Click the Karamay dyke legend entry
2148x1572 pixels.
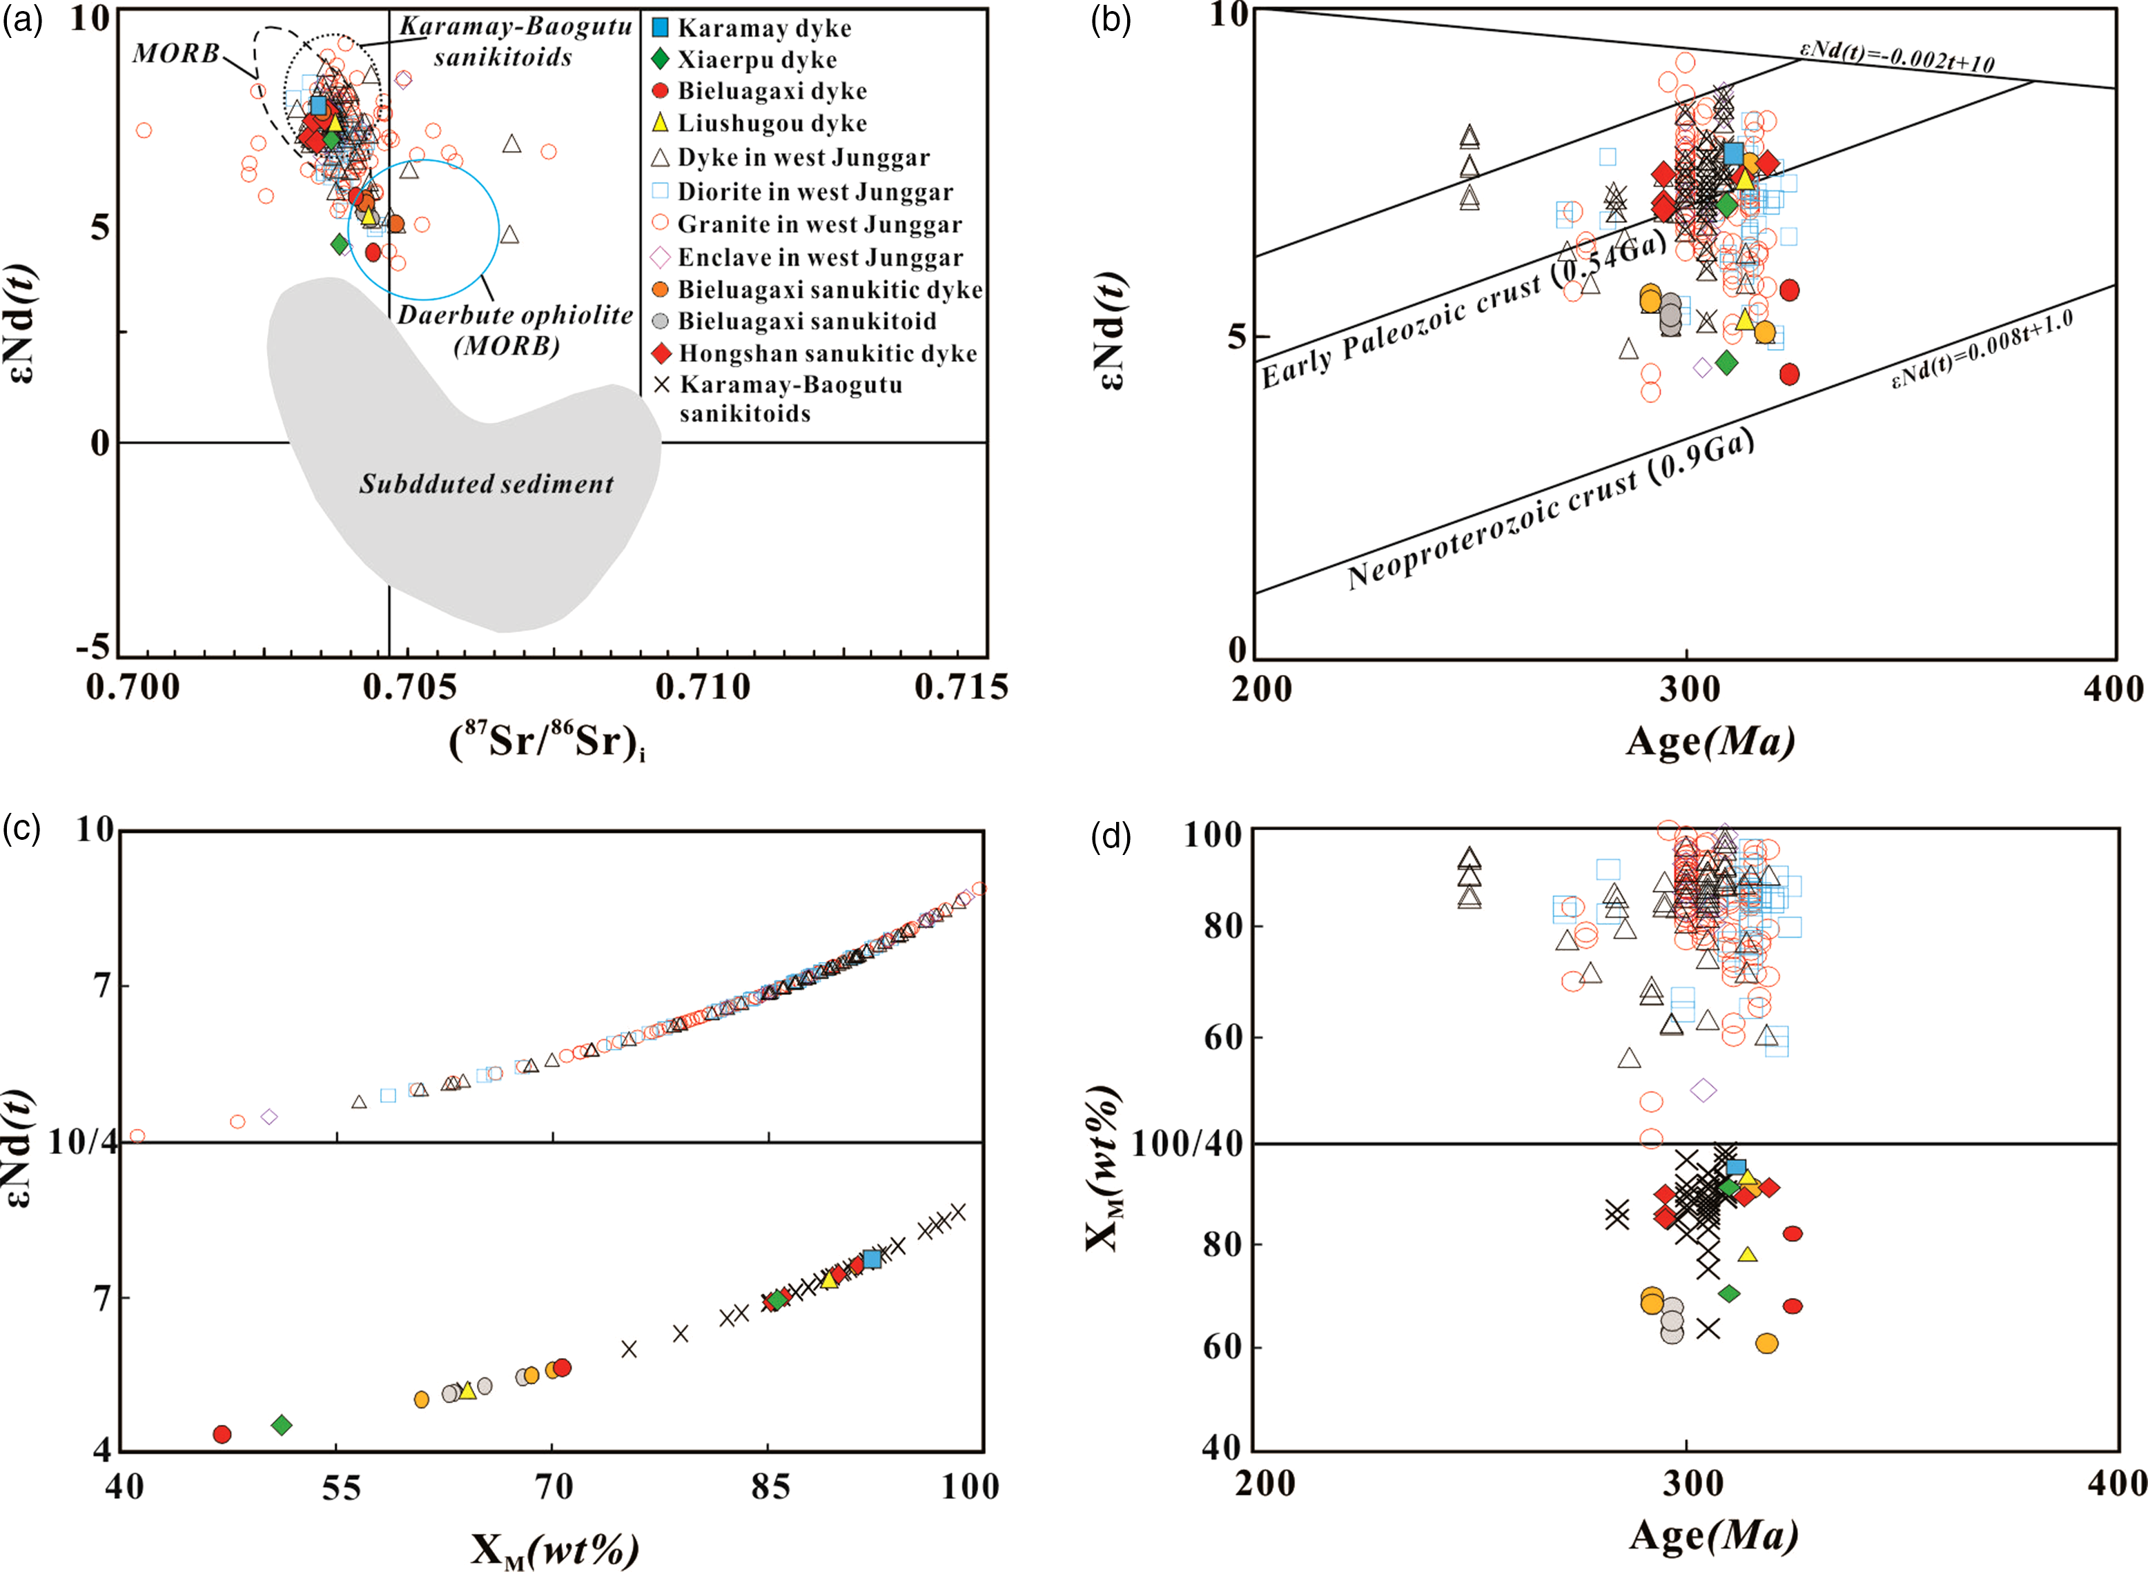[x=752, y=28]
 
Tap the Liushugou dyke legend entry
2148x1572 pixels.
[x=759, y=123]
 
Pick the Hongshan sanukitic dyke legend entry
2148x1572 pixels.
[x=814, y=353]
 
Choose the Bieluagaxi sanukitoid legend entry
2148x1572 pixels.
[x=794, y=321]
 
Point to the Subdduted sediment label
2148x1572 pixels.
[x=487, y=484]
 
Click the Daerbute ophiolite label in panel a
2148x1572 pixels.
[x=515, y=328]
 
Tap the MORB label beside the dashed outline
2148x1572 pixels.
[x=176, y=53]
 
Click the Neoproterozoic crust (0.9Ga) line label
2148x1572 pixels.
[x=1550, y=511]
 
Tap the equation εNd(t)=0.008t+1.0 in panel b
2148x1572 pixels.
[x=1982, y=349]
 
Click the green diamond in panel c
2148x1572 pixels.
[x=282, y=1424]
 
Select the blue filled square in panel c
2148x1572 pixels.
[x=872, y=1259]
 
